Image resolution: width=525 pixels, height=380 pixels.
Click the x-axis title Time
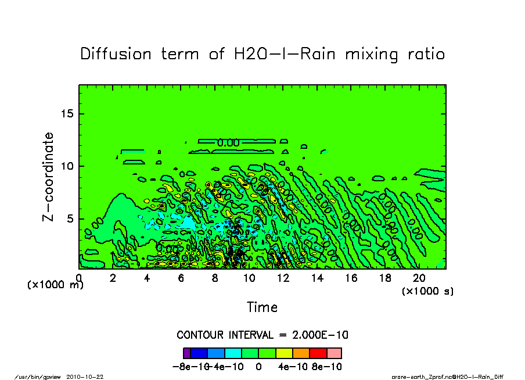tap(262, 307)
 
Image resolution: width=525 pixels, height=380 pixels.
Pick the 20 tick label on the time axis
tap(419, 279)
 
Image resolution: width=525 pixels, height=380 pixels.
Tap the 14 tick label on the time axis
tap(317, 279)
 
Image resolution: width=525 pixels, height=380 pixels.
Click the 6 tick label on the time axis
tap(181, 279)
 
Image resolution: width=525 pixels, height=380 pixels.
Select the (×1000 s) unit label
tap(427, 291)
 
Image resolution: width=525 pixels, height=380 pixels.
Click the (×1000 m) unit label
tap(56, 285)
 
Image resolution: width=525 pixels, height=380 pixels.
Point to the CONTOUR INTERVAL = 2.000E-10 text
tap(262, 335)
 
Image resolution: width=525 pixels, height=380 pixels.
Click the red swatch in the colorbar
tap(318, 353)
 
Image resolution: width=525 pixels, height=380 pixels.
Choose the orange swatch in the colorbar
tap(301, 353)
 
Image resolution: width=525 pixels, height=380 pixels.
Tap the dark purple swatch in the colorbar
tap(187, 353)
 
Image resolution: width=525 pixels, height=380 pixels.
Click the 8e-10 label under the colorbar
tap(328, 367)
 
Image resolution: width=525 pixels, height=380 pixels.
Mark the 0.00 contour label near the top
tap(228, 142)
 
